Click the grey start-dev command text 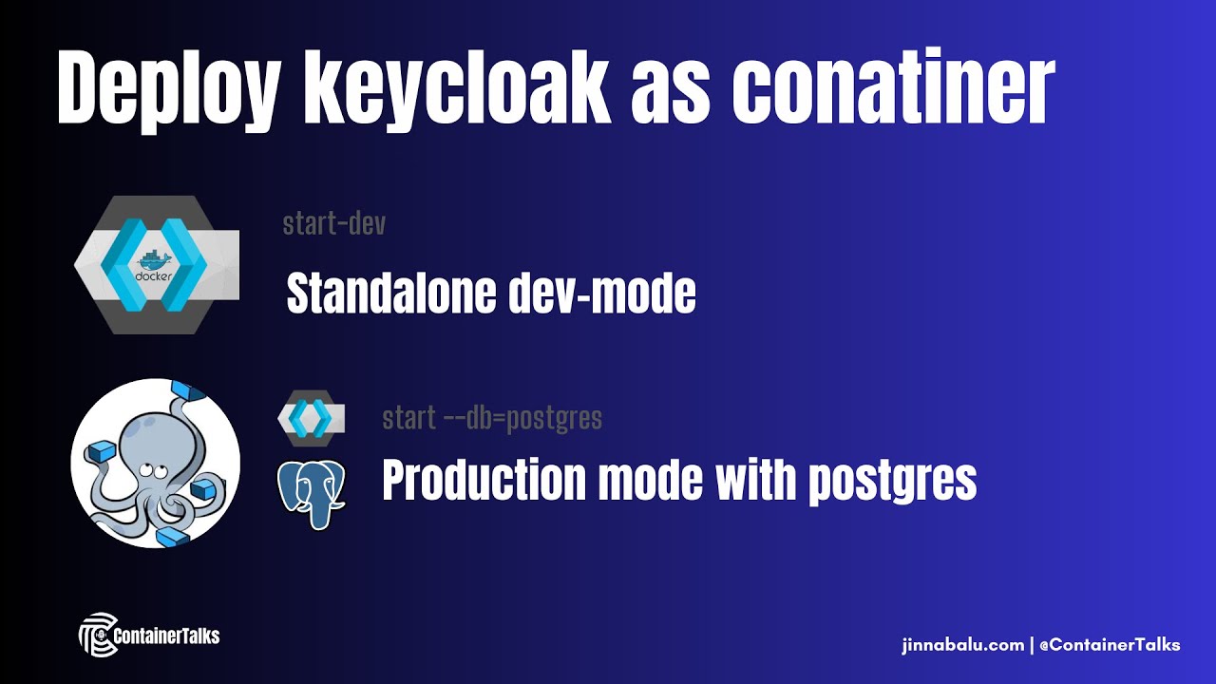coord(334,224)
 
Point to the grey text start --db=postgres coord(492,418)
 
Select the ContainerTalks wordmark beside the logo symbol coord(165,636)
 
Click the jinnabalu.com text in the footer coord(961,645)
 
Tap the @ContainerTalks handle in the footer coord(1110,645)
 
